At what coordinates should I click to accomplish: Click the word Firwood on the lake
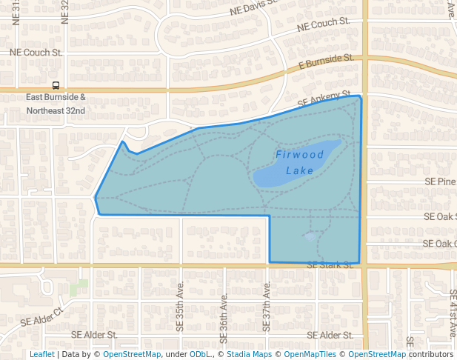[300, 155]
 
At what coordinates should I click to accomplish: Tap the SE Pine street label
[440, 181]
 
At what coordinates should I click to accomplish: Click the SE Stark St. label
[330, 264]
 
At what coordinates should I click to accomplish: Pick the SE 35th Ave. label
[180, 295]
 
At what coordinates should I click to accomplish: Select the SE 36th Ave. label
[223, 310]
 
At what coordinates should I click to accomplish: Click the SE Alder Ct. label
[42, 318]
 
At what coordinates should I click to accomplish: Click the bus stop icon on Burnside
[56, 86]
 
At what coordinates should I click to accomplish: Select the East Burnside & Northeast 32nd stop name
[56, 104]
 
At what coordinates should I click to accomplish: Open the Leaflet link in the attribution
[41, 354]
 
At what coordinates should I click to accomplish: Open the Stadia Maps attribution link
[248, 354]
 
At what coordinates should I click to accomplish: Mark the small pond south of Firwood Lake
[310, 236]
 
